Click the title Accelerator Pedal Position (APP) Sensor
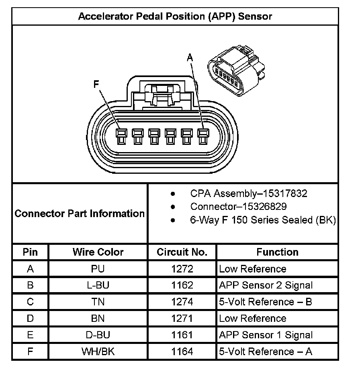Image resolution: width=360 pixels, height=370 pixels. click(175, 16)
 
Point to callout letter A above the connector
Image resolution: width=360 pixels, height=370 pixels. click(190, 58)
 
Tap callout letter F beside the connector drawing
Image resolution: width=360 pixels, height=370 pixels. click(96, 84)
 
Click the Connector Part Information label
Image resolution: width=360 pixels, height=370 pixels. click(80, 213)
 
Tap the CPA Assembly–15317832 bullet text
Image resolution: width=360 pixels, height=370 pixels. click(249, 194)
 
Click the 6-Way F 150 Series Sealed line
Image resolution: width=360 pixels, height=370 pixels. click(263, 220)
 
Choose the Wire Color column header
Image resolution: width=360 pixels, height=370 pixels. click(98, 252)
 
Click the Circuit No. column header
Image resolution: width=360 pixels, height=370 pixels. click(182, 252)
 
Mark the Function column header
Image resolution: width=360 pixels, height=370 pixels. click(277, 252)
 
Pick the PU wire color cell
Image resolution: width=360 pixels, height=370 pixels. click(98, 269)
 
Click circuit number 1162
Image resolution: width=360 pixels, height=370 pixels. click(182, 285)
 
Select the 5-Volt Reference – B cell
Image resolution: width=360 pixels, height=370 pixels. click(266, 302)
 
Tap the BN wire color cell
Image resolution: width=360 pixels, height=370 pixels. click(98, 319)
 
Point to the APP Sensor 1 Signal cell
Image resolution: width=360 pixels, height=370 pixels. click(266, 335)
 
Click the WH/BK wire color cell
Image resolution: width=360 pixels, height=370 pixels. click(98, 352)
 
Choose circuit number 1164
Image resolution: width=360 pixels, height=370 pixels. click(182, 352)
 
